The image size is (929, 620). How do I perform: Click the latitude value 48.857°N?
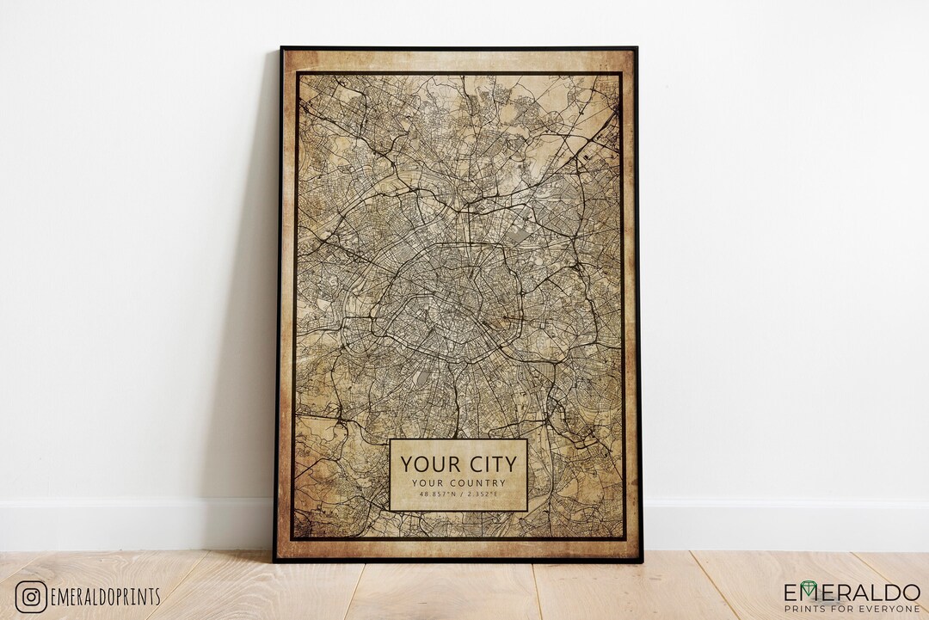click(x=437, y=495)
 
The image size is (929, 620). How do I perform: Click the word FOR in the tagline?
click(x=849, y=608)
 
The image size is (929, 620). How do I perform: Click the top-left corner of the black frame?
click(x=281, y=48)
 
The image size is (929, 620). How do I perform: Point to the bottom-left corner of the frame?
click(x=275, y=561)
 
